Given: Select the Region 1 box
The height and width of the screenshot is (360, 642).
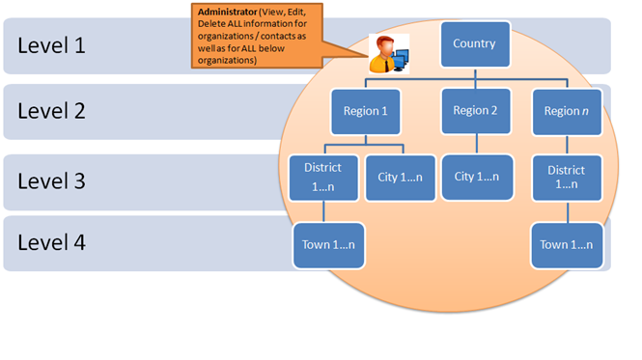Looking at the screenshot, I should click(364, 112).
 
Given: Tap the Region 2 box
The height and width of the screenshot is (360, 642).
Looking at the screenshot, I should click(474, 111).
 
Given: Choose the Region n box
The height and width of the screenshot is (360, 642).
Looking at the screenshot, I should click(567, 112).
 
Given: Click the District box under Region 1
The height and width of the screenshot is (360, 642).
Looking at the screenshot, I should click(323, 178).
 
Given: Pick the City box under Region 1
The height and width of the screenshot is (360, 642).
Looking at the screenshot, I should click(394, 178).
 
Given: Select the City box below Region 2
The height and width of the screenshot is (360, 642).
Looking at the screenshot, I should click(477, 177).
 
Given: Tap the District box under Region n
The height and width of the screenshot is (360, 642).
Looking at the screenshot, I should click(567, 178).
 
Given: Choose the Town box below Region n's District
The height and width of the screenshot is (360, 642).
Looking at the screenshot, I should click(567, 245).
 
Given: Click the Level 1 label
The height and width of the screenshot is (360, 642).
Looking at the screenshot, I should click(51, 44).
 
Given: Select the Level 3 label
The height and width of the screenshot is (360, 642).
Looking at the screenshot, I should click(51, 181).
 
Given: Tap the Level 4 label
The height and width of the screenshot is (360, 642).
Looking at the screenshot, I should click(51, 242).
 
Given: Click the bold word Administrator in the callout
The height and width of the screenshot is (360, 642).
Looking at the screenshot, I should click(224, 13).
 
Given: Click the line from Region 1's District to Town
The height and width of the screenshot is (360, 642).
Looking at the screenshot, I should click(324, 212).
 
